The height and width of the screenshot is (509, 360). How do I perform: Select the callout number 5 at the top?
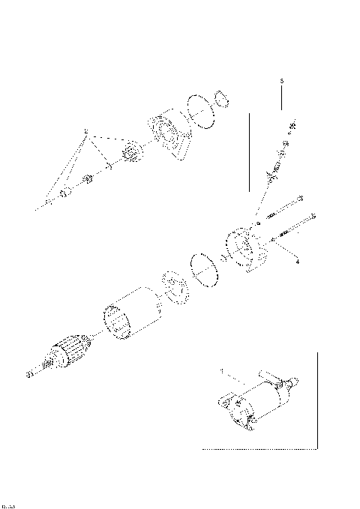click(281, 79)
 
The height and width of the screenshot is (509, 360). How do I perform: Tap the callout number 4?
click(297, 262)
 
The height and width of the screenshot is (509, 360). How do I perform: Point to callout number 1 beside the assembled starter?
click(222, 371)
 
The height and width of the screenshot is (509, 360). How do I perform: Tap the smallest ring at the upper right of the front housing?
click(221, 98)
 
